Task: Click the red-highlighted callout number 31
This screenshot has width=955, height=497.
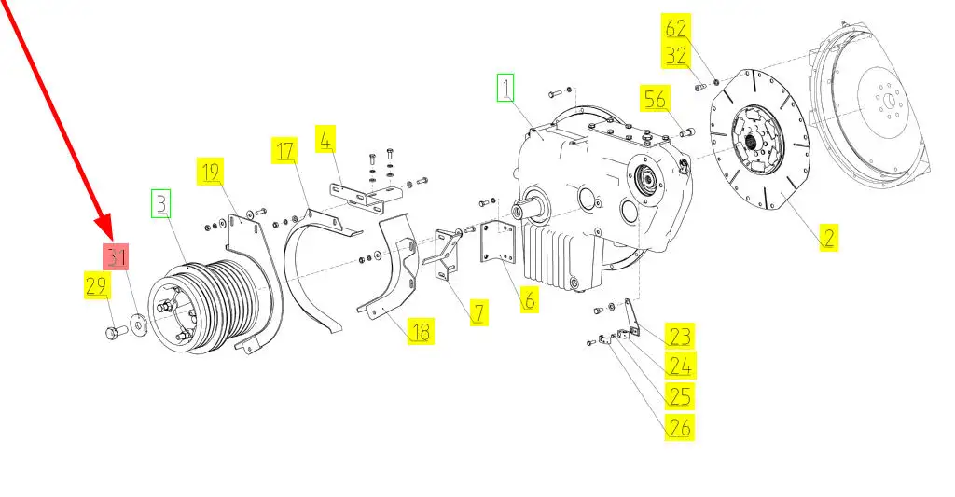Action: (x=116, y=256)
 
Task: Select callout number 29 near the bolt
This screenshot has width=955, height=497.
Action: (x=96, y=285)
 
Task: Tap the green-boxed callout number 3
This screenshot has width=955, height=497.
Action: (x=161, y=203)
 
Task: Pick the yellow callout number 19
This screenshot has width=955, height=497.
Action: (x=210, y=172)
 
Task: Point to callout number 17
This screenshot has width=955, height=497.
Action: (x=285, y=150)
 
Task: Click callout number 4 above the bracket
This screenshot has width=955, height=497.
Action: (x=325, y=139)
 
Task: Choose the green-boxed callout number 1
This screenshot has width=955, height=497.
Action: (x=505, y=88)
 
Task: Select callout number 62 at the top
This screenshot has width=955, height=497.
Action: (x=675, y=28)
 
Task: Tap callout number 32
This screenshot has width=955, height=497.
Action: (x=675, y=55)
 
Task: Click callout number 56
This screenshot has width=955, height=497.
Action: (x=655, y=99)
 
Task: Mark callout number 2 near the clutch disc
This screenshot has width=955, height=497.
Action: (x=828, y=236)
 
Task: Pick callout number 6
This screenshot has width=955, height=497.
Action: (x=530, y=299)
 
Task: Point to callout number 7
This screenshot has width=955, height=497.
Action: (x=479, y=312)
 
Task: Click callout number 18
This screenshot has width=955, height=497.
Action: (x=421, y=332)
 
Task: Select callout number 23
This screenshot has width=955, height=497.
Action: (x=679, y=337)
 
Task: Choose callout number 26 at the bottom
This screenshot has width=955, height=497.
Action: (x=679, y=426)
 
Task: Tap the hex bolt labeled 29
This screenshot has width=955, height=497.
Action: (x=116, y=332)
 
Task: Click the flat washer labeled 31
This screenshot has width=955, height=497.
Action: (x=140, y=324)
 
